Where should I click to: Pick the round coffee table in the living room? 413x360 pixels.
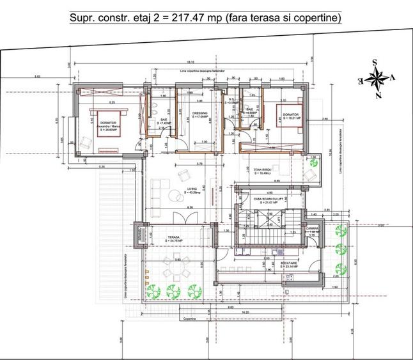[x=177, y=174]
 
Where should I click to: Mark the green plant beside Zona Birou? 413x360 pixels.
[x=314, y=162]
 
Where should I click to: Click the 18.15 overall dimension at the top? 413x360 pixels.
[x=191, y=62]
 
